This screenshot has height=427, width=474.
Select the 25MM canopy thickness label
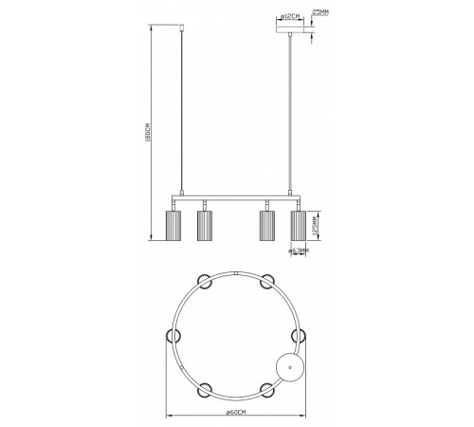click(321, 13)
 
